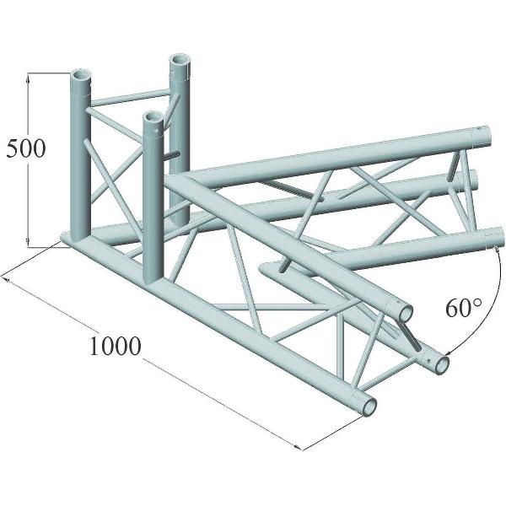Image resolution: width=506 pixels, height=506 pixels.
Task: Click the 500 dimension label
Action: tap(24, 149)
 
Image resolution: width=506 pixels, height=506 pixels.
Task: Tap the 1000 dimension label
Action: tap(112, 347)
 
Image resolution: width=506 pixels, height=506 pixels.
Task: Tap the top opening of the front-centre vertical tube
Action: tap(153, 117)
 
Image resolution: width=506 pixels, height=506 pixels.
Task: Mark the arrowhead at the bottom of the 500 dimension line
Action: tap(30, 245)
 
